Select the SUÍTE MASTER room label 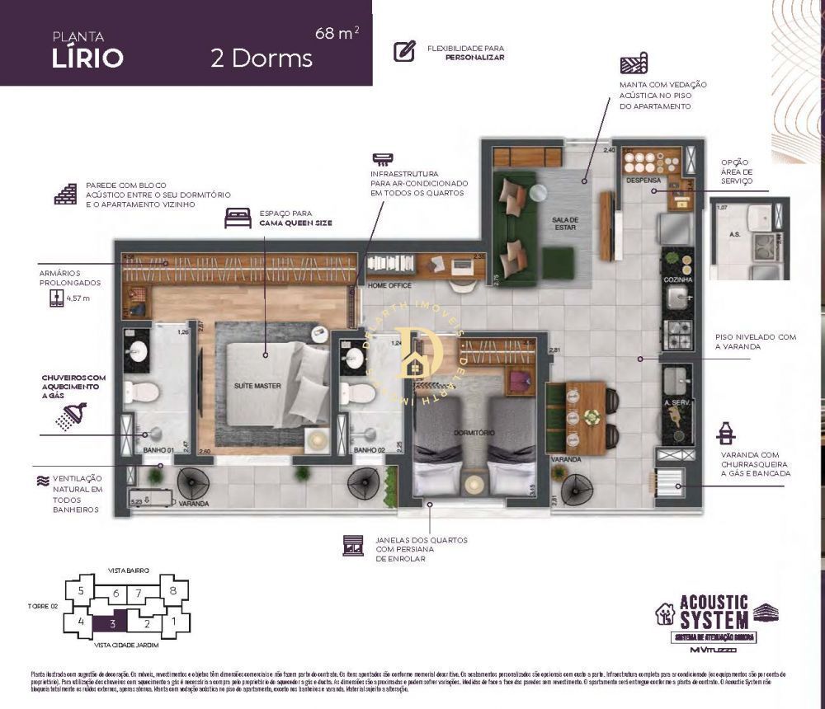[x=258, y=386]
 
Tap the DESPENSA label [x=642, y=179]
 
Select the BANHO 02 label [x=366, y=451]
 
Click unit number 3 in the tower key [x=111, y=624]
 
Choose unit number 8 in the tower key [x=172, y=590]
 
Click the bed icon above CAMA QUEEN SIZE [x=238, y=218]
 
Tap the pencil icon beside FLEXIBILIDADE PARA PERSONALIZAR [x=404, y=52]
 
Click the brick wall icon [x=65, y=194]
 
